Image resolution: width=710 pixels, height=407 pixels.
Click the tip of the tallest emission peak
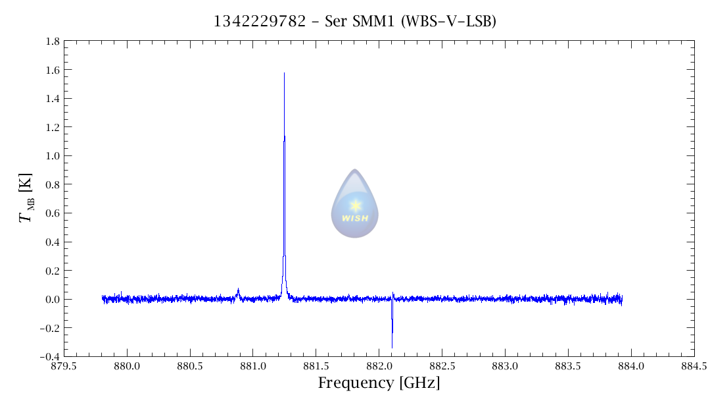[284, 73]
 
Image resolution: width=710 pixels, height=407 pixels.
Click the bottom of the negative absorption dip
[392, 347]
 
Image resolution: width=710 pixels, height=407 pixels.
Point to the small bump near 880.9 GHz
[238, 290]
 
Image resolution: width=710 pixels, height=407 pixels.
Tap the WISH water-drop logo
[354, 203]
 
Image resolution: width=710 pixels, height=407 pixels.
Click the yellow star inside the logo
[355, 205]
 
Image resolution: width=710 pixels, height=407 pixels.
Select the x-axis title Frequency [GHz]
[379, 383]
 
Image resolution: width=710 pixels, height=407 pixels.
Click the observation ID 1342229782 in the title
[260, 21]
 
